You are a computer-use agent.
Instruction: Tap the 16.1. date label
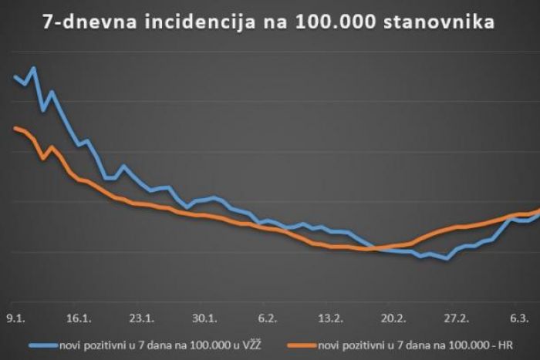(x=79, y=318)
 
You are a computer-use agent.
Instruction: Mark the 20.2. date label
(x=393, y=318)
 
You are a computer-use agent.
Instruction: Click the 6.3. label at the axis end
(x=519, y=318)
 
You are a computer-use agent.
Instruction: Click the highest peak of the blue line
(x=34, y=68)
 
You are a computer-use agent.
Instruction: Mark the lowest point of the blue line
(x=447, y=259)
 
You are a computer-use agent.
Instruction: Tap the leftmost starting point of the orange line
(x=15, y=128)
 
